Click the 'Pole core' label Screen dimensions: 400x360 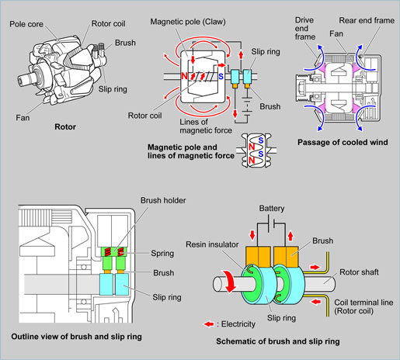click(x=26, y=24)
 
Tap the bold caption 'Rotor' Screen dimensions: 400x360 click(x=65, y=127)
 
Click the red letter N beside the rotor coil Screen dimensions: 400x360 click(x=184, y=76)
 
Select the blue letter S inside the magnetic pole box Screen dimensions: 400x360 click(x=221, y=77)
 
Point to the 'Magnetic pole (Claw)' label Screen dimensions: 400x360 click(x=188, y=22)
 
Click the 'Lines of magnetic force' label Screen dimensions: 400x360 click(x=206, y=126)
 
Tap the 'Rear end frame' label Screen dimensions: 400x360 click(x=367, y=20)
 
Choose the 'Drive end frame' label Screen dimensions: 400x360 click(x=305, y=29)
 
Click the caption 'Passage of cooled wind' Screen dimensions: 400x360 click(x=343, y=142)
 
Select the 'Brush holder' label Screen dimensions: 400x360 click(x=163, y=200)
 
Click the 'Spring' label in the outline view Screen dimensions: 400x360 click(x=162, y=254)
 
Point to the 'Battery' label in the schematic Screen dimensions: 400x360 click(x=272, y=209)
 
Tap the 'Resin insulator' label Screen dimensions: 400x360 click(x=212, y=244)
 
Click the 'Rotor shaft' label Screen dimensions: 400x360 click(x=359, y=272)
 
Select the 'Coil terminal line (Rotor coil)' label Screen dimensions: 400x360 click(x=363, y=306)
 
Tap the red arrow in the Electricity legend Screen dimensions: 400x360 click(x=209, y=324)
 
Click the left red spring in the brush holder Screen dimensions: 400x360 click(x=108, y=251)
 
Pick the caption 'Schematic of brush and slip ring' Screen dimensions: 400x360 click(x=278, y=341)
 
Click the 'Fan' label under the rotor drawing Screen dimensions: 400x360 click(x=23, y=118)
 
